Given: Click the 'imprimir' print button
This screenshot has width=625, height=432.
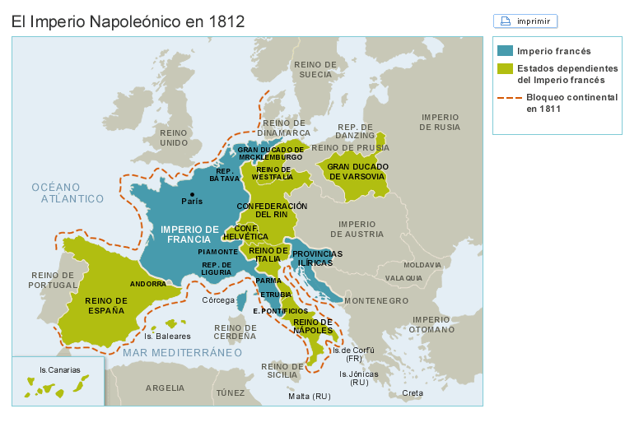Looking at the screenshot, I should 525,21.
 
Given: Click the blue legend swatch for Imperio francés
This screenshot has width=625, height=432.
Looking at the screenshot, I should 506,51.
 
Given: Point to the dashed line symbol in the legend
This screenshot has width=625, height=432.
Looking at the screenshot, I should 509,98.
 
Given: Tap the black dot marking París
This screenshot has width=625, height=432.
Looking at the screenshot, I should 192,194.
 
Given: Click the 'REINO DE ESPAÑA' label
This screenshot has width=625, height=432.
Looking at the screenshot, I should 106,306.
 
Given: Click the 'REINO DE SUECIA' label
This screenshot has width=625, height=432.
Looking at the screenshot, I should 315,69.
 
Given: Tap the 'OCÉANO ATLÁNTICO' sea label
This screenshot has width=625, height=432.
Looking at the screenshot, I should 68,193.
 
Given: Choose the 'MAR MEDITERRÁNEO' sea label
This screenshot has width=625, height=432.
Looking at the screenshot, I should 182,352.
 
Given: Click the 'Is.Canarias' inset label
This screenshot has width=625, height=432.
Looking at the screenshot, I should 60,370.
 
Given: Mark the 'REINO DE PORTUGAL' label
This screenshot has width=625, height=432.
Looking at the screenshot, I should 54,280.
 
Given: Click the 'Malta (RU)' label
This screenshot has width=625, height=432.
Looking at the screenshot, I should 309,396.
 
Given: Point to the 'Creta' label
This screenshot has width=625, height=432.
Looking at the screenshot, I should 413,393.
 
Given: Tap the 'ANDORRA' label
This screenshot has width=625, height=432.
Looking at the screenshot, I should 148,284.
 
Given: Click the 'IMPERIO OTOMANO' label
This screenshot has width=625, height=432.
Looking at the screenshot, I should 431,324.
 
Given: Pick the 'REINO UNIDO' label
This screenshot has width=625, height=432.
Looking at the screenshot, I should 174,137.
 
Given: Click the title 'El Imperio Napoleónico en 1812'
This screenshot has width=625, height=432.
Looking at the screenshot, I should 128,21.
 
